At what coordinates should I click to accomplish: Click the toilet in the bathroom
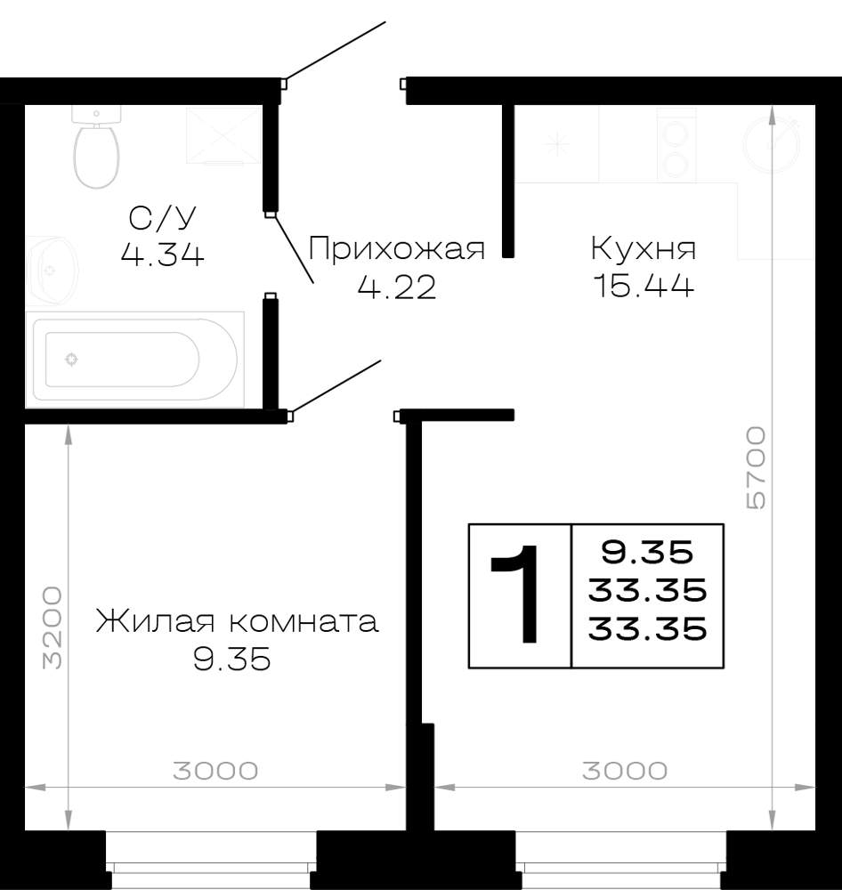click(x=96, y=147)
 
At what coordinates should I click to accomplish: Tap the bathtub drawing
click(x=134, y=360)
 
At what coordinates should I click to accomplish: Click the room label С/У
click(x=162, y=217)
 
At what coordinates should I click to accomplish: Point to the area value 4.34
click(x=162, y=255)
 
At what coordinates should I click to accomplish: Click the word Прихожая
click(x=397, y=248)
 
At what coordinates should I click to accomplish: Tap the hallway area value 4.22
click(x=397, y=287)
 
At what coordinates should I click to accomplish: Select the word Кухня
click(x=643, y=248)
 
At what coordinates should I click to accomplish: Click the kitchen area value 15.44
click(x=643, y=286)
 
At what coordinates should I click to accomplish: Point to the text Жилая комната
click(x=237, y=621)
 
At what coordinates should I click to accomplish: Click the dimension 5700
click(x=756, y=468)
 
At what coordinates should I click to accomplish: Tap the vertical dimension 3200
click(x=53, y=627)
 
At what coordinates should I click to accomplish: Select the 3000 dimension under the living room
click(x=215, y=771)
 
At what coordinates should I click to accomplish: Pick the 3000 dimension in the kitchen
click(x=625, y=771)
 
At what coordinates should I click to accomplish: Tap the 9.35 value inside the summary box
click(x=647, y=552)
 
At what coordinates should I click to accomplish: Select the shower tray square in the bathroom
click(x=223, y=135)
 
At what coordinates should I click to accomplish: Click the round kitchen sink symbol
click(x=772, y=145)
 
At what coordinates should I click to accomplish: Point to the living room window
click(x=211, y=860)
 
